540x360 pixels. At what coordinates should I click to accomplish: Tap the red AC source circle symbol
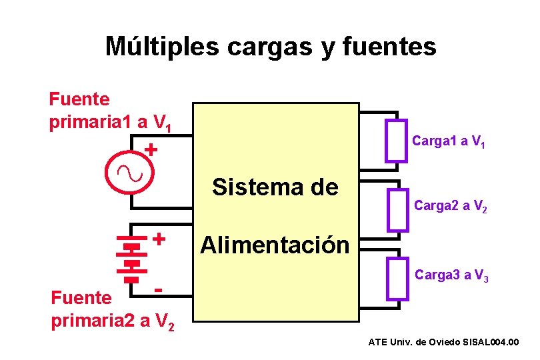tap(130, 173)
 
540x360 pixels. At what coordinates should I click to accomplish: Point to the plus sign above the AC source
tap(152, 149)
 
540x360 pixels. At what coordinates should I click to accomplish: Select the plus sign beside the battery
tap(159, 238)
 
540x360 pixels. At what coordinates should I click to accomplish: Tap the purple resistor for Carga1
tap(396, 140)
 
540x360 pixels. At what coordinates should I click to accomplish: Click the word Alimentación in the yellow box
tap(275, 245)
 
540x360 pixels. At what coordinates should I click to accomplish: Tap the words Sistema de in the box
tap(275, 187)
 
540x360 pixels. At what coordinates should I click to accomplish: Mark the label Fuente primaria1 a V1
tap(111, 112)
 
